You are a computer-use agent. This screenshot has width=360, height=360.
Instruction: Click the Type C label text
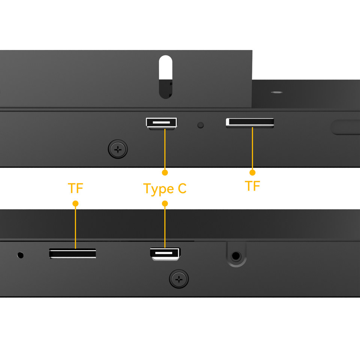point(165,189)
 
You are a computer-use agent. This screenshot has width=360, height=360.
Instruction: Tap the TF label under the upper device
point(252,186)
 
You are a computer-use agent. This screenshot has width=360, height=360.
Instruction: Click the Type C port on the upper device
point(162,123)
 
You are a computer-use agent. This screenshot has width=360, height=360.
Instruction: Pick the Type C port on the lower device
point(165,254)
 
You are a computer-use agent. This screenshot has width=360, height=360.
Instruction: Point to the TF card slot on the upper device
point(250,123)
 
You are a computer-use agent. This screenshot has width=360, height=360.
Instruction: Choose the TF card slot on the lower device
point(72,253)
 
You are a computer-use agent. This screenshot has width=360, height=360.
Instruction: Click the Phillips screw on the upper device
point(118,150)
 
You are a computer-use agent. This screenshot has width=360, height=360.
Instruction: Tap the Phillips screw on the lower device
point(179,279)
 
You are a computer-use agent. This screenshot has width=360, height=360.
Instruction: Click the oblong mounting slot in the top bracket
point(165,77)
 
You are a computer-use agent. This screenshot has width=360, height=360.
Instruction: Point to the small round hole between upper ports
point(200,125)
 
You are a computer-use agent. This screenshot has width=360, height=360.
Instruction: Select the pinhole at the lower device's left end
point(20,255)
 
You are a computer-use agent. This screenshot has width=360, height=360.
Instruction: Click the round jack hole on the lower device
point(236,256)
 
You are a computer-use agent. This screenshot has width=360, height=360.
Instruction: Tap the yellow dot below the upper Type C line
point(165,172)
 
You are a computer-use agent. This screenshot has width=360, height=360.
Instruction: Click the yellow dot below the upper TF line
point(252,172)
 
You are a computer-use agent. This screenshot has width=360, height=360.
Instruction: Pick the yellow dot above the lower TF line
point(75,203)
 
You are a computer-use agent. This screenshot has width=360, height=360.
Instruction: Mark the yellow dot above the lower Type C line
point(165,203)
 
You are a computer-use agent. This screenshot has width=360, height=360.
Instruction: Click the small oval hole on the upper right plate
point(277,92)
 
